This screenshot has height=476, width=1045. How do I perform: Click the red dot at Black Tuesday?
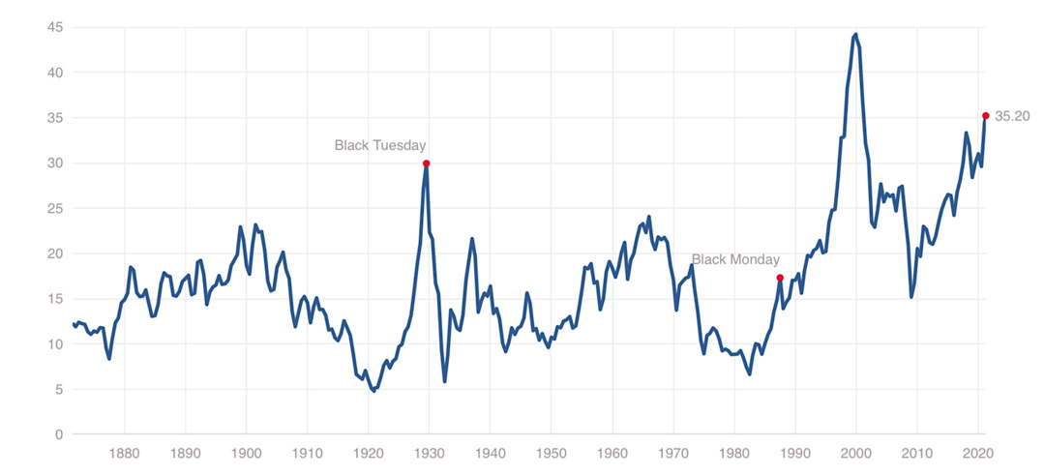pyautogui.click(x=427, y=164)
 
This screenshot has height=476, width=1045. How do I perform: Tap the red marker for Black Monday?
pyautogui.click(x=780, y=278)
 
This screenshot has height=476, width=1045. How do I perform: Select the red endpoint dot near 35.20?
pyautogui.click(x=986, y=116)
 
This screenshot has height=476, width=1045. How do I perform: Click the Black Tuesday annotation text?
pyautogui.click(x=380, y=145)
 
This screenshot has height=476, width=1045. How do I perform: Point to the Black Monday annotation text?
pyautogui.click(x=735, y=259)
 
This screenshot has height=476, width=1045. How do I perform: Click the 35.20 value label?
pyautogui.click(x=1012, y=116)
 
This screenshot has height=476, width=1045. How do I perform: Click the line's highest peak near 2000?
pyautogui.click(x=856, y=35)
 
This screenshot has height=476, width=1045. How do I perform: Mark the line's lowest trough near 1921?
pyautogui.click(x=373, y=391)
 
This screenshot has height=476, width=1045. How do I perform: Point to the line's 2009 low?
pyautogui.click(x=911, y=296)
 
